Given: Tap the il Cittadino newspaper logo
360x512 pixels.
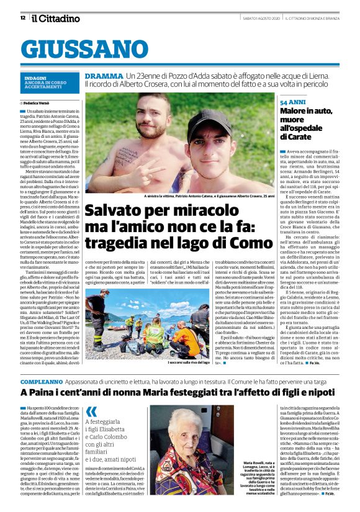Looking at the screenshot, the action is (56, 18).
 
